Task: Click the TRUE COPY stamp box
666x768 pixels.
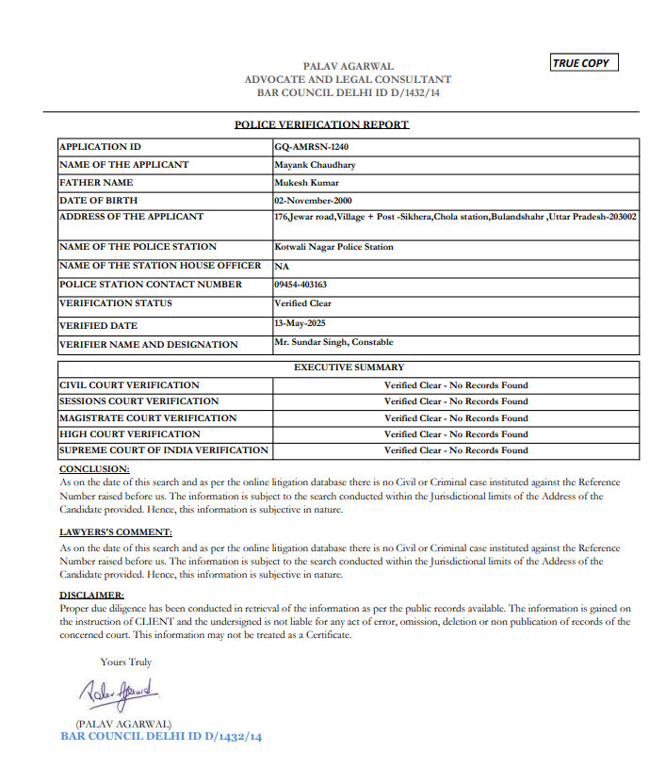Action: click(x=584, y=63)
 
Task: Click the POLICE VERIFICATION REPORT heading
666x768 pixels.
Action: click(x=321, y=124)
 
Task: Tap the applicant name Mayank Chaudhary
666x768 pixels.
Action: click(x=315, y=165)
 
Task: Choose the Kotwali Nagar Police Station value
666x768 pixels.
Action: click(x=333, y=247)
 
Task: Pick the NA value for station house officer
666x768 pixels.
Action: click(x=282, y=267)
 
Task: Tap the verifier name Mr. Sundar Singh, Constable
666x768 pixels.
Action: click(x=333, y=343)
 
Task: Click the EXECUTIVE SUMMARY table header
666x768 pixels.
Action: click(x=349, y=368)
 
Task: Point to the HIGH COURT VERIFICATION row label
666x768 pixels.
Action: click(x=129, y=434)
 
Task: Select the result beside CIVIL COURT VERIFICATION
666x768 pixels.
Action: click(x=455, y=385)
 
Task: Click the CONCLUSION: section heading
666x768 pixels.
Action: click(x=94, y=468)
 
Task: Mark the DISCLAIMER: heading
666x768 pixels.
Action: click(x=91, y=596)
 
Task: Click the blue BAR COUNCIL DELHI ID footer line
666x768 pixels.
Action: click(x=161, y=736)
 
